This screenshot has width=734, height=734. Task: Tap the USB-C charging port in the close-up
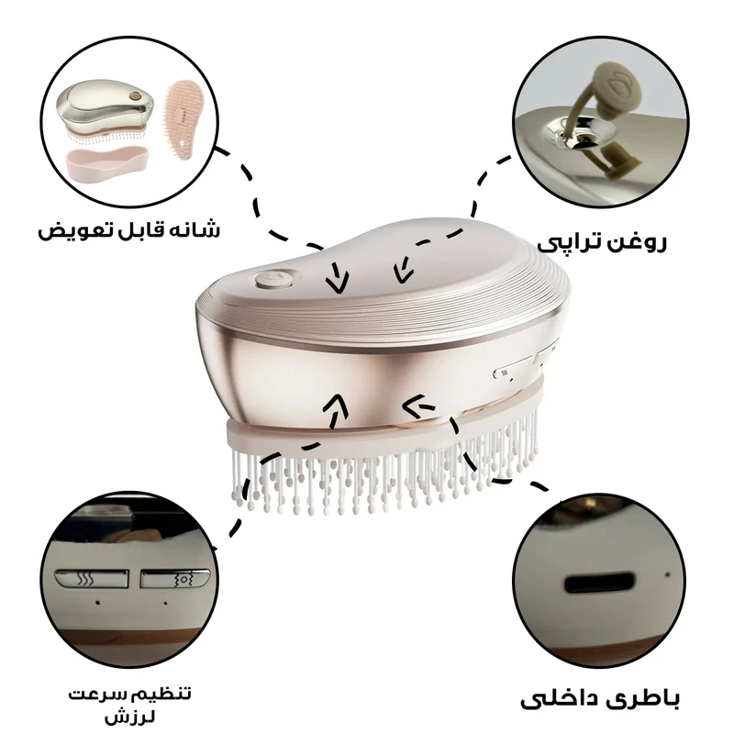coord(600,583)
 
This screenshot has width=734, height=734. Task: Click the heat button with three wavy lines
coord(92,579)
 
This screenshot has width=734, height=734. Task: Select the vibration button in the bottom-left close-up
coord(174,579)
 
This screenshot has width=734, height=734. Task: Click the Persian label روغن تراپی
coord(602,243)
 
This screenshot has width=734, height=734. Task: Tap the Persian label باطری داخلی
coord(600,699)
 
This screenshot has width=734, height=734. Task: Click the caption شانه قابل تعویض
coord(128,229)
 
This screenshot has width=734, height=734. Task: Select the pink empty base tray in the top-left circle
coord(108,163)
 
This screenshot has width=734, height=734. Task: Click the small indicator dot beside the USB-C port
coord(668,574)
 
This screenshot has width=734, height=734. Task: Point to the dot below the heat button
coord(97,603)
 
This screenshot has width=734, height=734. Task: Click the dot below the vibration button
coord(166,603)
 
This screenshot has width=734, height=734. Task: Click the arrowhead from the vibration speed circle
coord(337,405)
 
